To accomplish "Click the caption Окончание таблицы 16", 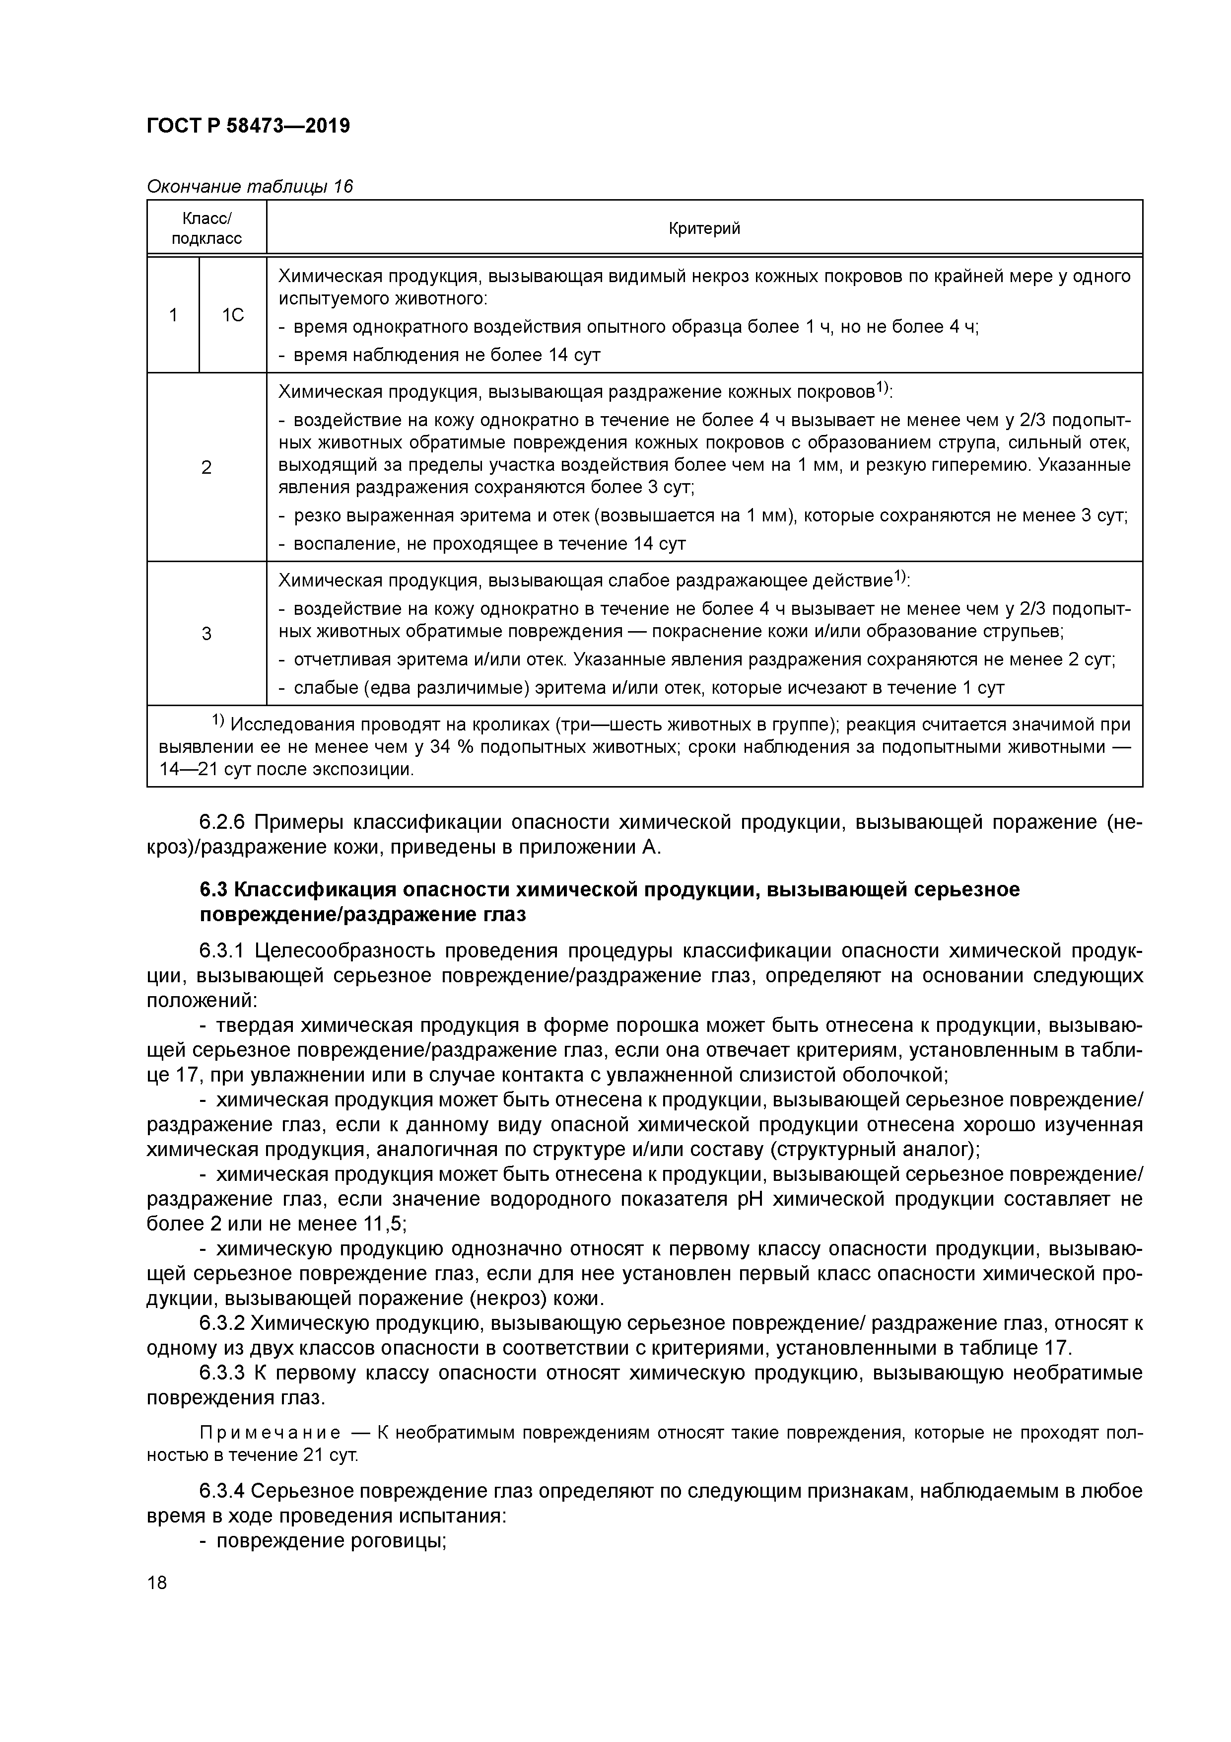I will [250, 187].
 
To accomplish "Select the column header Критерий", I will [704, 228].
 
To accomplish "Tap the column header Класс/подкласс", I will [206, 228].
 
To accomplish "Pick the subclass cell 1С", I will [233, 315].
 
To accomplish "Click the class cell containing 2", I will [206, 467].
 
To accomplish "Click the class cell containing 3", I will [206, 634].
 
